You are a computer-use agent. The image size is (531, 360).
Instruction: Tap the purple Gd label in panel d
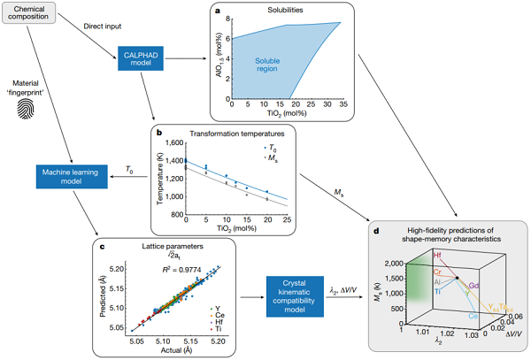(473, 287)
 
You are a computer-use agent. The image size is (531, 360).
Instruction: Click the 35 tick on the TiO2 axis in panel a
(339, 103)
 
